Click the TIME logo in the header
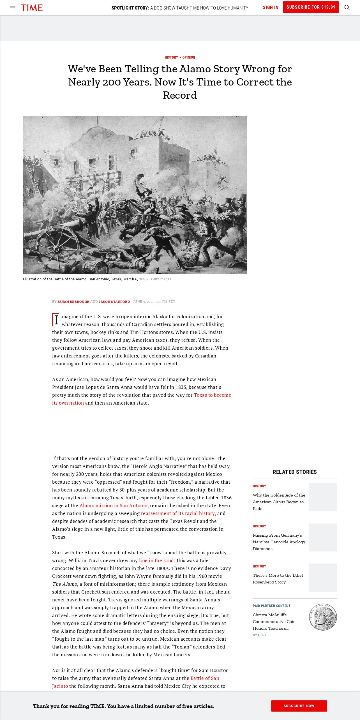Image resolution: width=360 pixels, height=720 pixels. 32,8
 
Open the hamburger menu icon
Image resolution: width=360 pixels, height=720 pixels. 13,8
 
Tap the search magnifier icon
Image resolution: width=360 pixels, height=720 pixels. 347,8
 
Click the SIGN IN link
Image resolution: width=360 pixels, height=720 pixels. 271,8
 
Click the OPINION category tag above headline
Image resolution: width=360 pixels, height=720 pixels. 189,57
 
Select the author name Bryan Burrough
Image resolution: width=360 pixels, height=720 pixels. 73,302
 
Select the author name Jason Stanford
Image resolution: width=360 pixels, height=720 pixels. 114,302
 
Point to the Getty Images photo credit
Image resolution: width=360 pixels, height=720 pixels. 161,279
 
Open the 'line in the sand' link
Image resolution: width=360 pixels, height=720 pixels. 156,560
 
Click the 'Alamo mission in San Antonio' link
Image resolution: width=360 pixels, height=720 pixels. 113,506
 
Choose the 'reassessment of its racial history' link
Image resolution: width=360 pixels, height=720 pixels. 178,513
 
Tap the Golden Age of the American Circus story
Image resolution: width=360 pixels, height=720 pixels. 279,502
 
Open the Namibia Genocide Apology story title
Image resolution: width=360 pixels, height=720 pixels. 279,542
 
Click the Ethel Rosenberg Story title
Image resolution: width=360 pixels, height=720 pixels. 278,579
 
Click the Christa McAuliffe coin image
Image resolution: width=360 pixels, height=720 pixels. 323,617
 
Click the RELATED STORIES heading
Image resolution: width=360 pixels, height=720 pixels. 295,472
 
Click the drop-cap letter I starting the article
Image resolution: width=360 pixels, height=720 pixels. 56,320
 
